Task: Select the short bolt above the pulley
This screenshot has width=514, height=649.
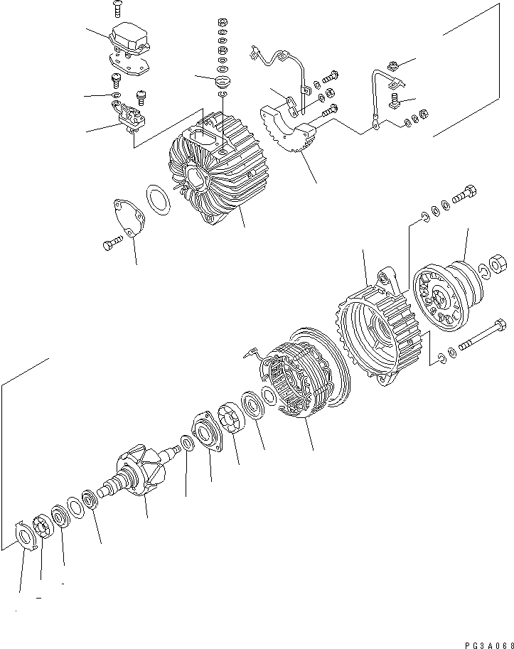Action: coord(465,195)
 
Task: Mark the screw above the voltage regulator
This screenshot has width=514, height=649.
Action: coord(117,9)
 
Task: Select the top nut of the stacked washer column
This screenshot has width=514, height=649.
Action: coord(221,21)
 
